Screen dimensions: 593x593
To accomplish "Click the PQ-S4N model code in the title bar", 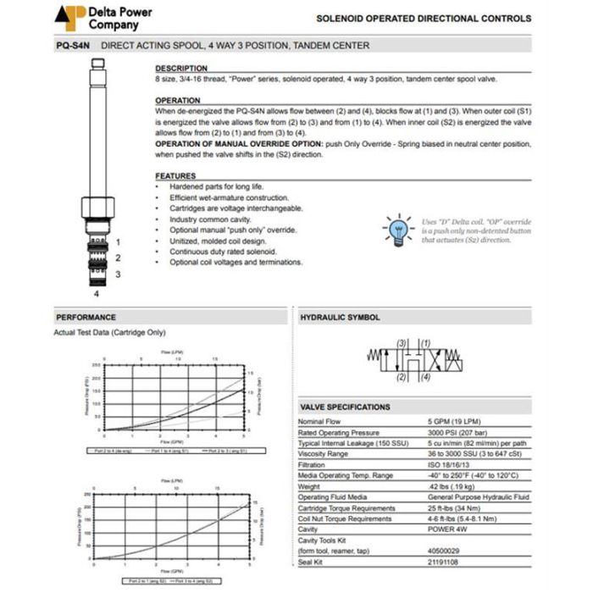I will coord(72,46).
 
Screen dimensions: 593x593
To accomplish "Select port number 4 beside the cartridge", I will coord(97,294).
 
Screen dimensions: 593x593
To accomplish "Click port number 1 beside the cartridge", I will coord(119,241).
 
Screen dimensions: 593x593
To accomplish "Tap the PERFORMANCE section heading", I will coord(86,317).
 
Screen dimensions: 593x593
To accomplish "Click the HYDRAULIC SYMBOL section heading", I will coord(341,317).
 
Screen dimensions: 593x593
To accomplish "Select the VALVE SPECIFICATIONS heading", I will coord(346,407).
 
